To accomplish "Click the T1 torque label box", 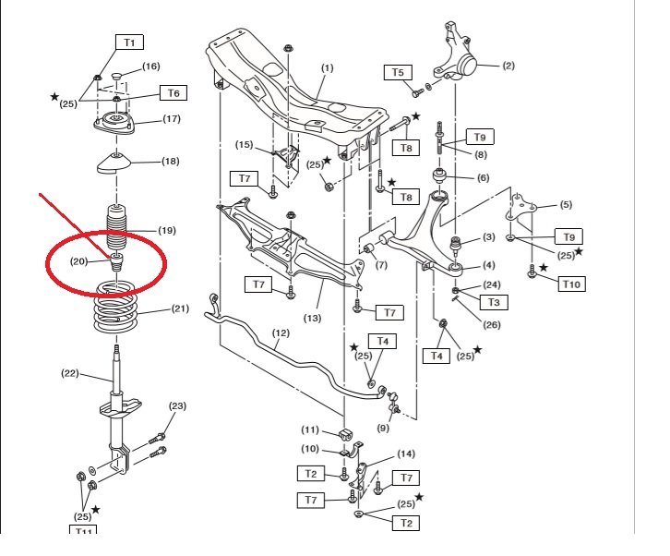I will pyautogui.click(x=128, y=42).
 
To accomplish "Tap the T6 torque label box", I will pyautogui.click(x=173, y=93).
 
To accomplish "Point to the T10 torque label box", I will pyautogui.click(x=571, y=284).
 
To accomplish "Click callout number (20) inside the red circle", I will pyautogui.click(x=79, y=261).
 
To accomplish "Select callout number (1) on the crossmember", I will pyautogui.click(x=328, y=68).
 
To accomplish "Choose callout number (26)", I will pyautogui.click(x=493, y=324).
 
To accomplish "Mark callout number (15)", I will pyautogui.click(x=244, y=145).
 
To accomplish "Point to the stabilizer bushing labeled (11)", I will pyautogui.click(x=348, y=432).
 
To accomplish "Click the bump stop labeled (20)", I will pyautogui.click(x=118, y=260).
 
